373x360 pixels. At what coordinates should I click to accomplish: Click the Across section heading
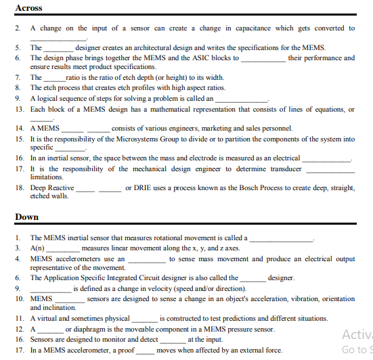(28, 8)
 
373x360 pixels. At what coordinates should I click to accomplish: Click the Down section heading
(27, 217)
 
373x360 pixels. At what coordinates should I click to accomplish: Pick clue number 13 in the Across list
(19, 109)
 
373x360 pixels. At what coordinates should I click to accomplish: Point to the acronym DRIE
(137, 187)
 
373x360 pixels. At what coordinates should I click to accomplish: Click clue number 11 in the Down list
(19, 318)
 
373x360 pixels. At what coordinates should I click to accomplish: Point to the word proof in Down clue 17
(125, 351)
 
